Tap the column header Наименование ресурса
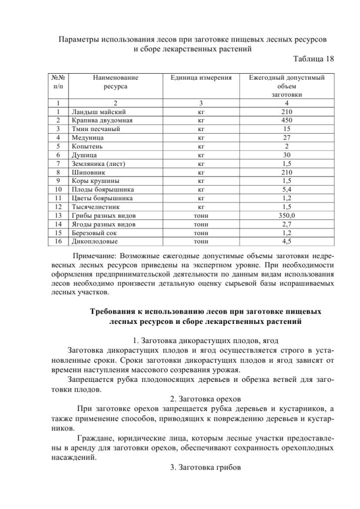click(115, 82)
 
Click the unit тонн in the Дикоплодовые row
click(201, 240)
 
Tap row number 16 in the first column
click(58, 240)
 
